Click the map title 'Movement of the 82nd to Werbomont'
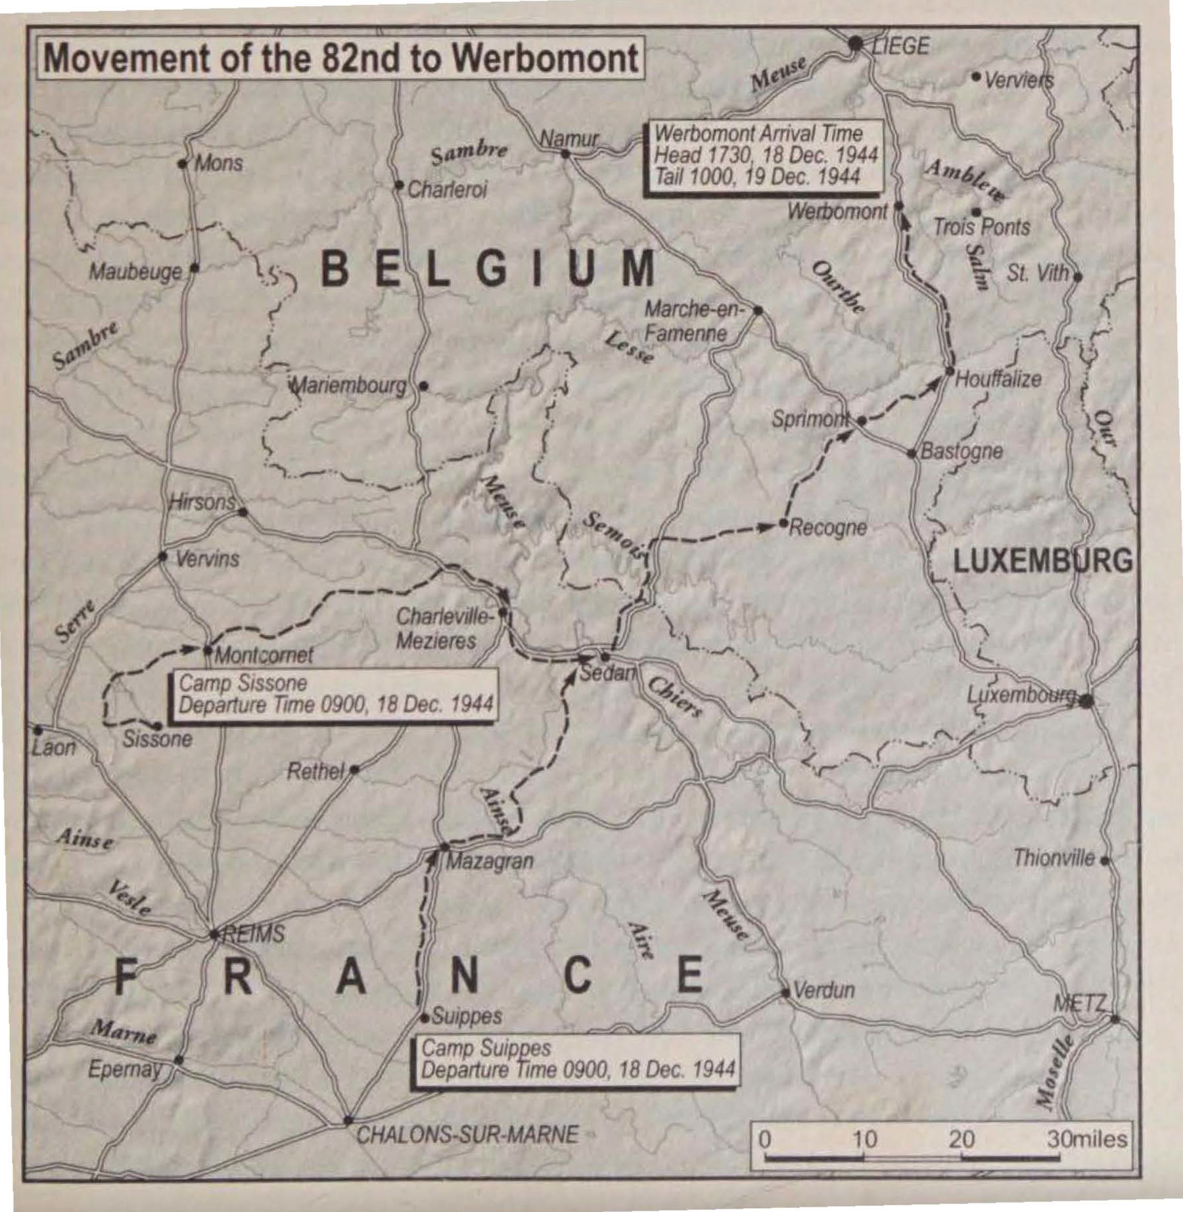[340, 58]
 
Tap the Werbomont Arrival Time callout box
[764, 155]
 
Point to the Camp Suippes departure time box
[576, 1059]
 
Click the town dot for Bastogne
[912, 453]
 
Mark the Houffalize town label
[998, 379]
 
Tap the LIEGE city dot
[855, 44]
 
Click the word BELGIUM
[489, 268]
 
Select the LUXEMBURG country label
[1042, 561]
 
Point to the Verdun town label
[824, 990]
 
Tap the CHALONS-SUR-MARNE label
[467, 1134]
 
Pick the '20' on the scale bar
[962, 1139]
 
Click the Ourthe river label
[838, 287]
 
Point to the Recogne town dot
[783, 523]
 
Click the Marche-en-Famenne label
[691, 321]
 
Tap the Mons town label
[218, 162]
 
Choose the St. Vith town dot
[1077, 277]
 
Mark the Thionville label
[1054, 858]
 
